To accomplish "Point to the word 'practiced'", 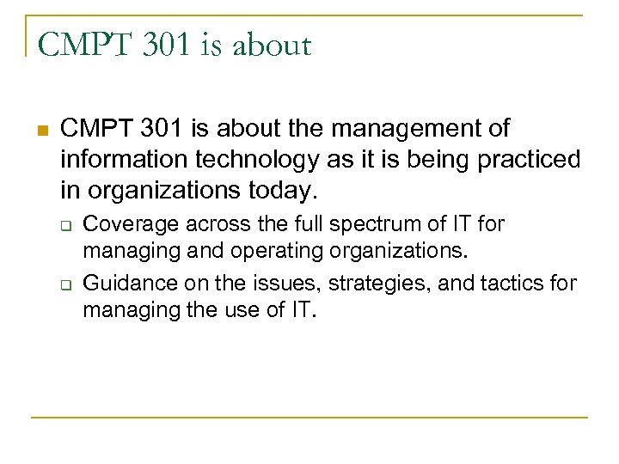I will coord(534,160).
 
